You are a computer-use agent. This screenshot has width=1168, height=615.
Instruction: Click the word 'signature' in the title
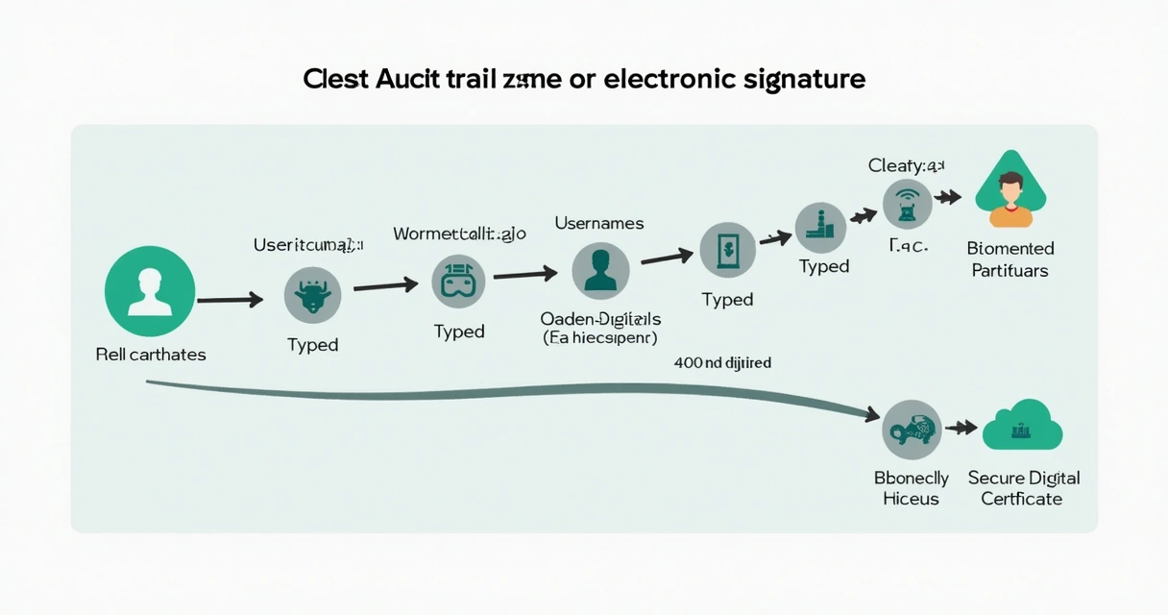click(x=804, y=79)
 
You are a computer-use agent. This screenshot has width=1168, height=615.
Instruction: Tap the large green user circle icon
click(x=150, y=291)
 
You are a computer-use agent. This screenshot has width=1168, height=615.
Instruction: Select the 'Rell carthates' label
click(x=151, y=355)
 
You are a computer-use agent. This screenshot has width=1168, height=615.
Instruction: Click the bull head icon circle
click(x=312, y=295)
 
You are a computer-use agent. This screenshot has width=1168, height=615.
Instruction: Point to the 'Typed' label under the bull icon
click(x=312, y=345)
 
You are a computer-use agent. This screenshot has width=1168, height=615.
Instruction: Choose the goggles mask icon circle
click(x=458, y=283)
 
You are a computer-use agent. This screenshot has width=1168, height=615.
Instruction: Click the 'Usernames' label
click(x=599, y=223)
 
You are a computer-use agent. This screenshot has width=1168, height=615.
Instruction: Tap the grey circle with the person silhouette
click(x=600, y=270)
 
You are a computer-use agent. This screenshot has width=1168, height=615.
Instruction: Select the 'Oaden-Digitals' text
click(x=600, y=318)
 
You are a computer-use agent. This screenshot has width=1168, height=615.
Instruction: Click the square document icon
click(x=727, y=250)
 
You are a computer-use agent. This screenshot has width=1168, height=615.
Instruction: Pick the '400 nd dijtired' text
click(x=722, y=363)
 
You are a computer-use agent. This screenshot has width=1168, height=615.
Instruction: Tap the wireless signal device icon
click(x=908, y=204)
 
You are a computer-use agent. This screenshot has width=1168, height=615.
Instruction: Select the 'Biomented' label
click(x=1010, y=249)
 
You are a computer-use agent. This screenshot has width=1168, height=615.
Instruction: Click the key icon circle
click(x=911, y=430)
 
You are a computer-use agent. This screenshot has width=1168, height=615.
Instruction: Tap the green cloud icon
click(x=1021, y=427)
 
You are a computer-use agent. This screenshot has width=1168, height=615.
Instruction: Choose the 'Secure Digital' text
click(x=1023, y=478)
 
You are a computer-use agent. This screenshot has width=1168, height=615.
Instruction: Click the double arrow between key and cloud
click(x=961, y=429)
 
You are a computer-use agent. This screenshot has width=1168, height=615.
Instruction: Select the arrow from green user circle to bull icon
click(x=231, y=301)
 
